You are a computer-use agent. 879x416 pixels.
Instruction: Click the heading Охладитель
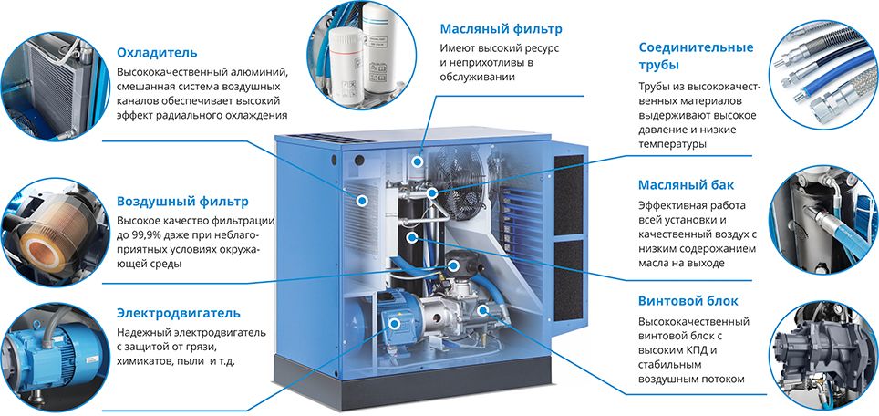point(157,53)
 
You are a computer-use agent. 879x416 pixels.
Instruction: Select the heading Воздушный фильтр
point(182,201)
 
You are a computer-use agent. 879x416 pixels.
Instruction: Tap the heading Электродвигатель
point(179,313)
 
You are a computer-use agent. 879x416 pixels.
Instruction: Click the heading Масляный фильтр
point(501,28)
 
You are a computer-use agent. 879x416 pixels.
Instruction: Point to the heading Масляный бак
point(687,185)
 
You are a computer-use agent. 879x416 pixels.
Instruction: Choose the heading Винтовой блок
point(688,301)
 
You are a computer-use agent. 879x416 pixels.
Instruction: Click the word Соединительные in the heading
point(696,47)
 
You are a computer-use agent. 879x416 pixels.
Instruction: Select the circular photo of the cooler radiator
point(55,87)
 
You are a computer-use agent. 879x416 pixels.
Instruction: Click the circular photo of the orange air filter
point(55,232)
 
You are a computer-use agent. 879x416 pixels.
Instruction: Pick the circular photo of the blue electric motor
point(55,357)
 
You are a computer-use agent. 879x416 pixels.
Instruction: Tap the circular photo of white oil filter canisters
point(362,55)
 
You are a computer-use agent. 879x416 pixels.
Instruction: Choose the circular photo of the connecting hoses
point(823,75)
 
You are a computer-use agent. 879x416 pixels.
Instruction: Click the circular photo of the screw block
point(823,356)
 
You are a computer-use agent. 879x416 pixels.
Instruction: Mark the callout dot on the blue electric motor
point(394,324)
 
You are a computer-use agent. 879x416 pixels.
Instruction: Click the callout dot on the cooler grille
point(362,200)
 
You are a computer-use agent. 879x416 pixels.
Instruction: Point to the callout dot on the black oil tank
point(412,237)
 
